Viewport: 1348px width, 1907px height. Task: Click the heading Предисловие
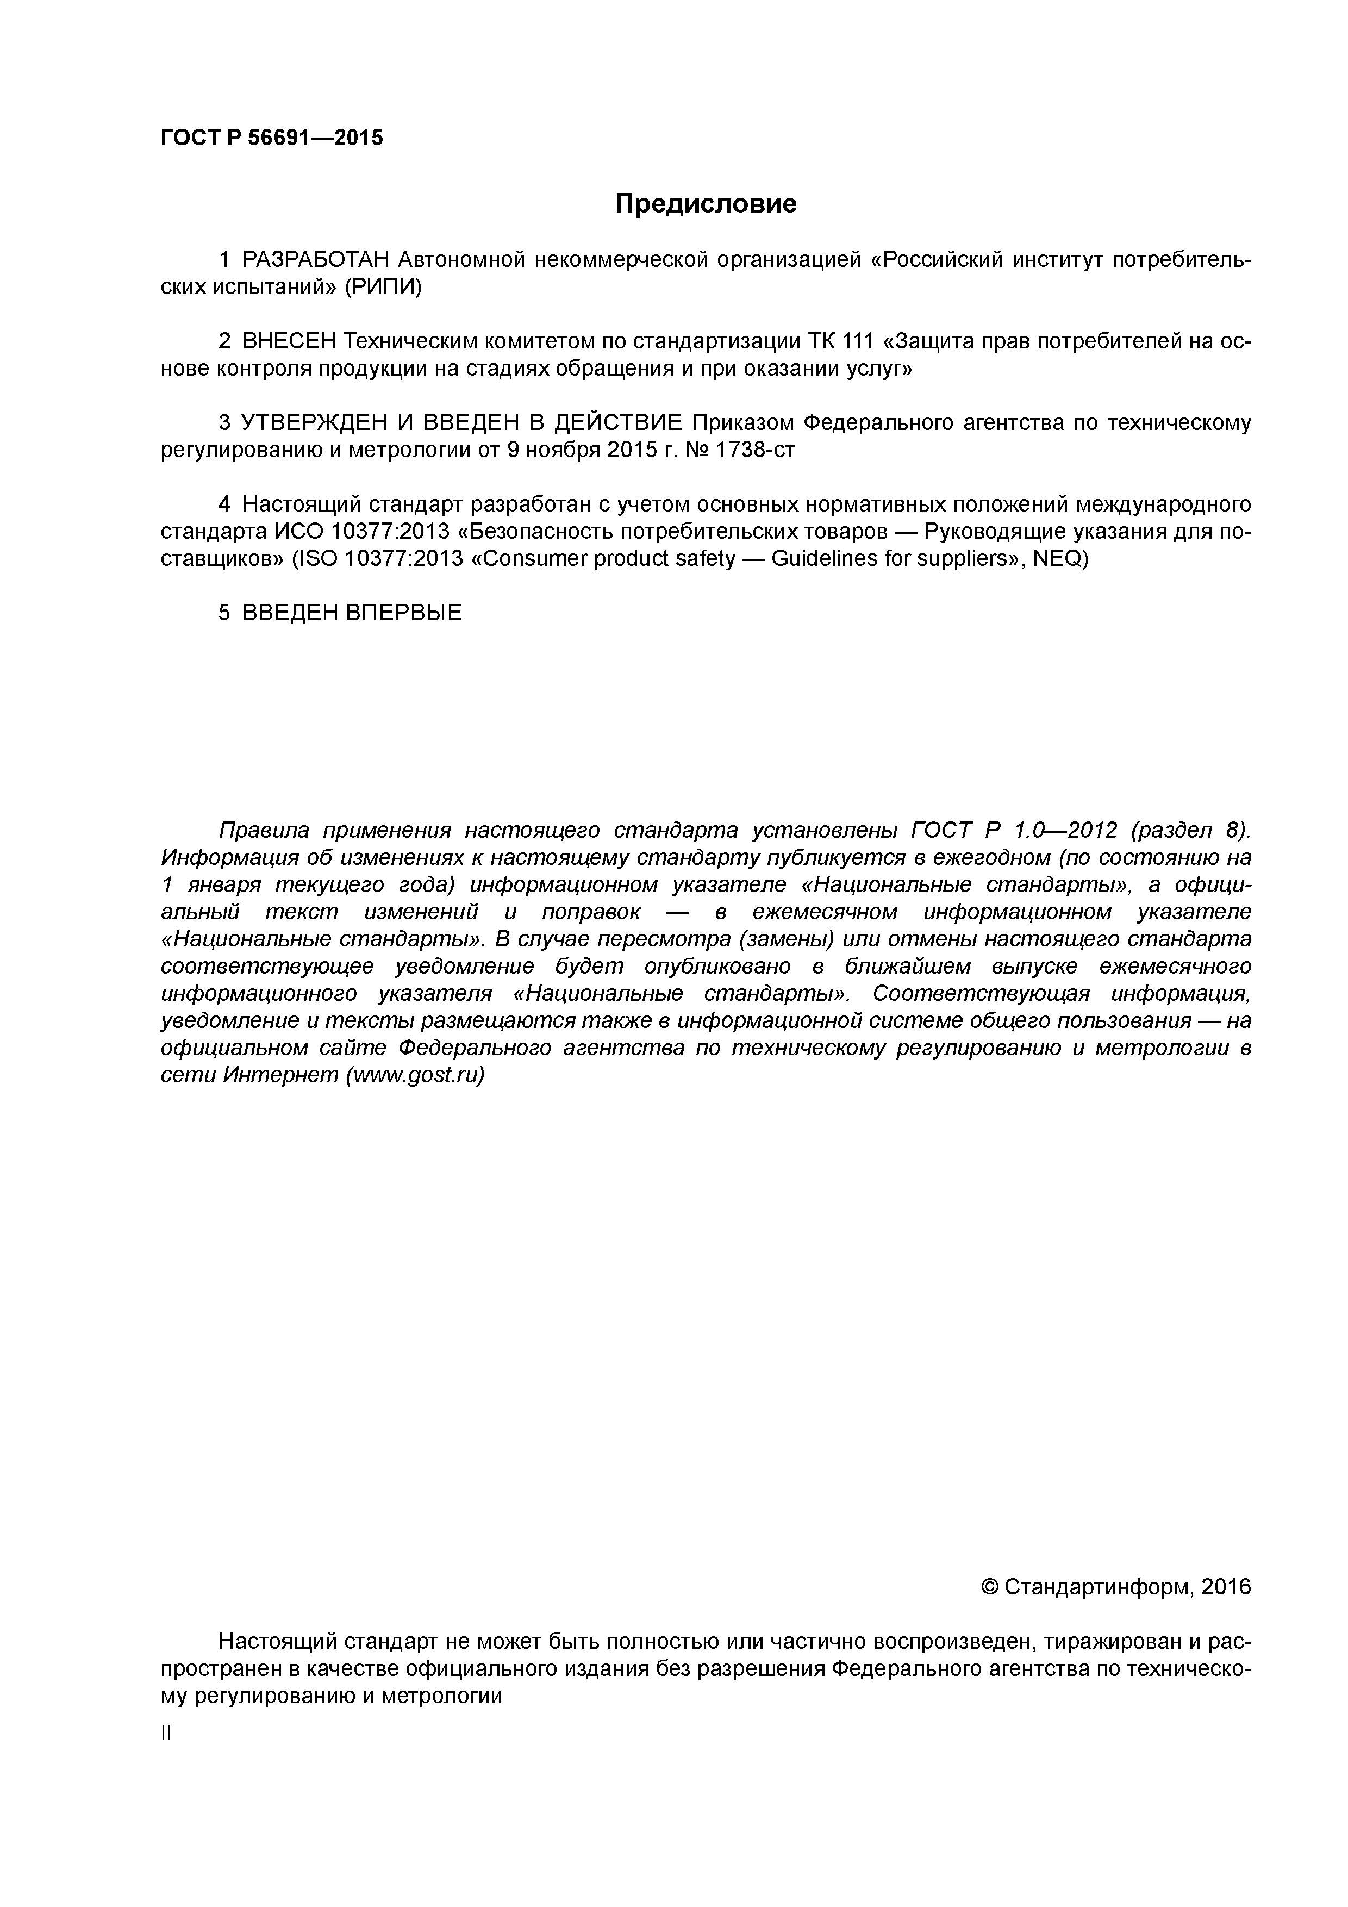(x=705, y=203)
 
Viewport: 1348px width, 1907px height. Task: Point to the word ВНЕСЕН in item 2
(x=289, y=341)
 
